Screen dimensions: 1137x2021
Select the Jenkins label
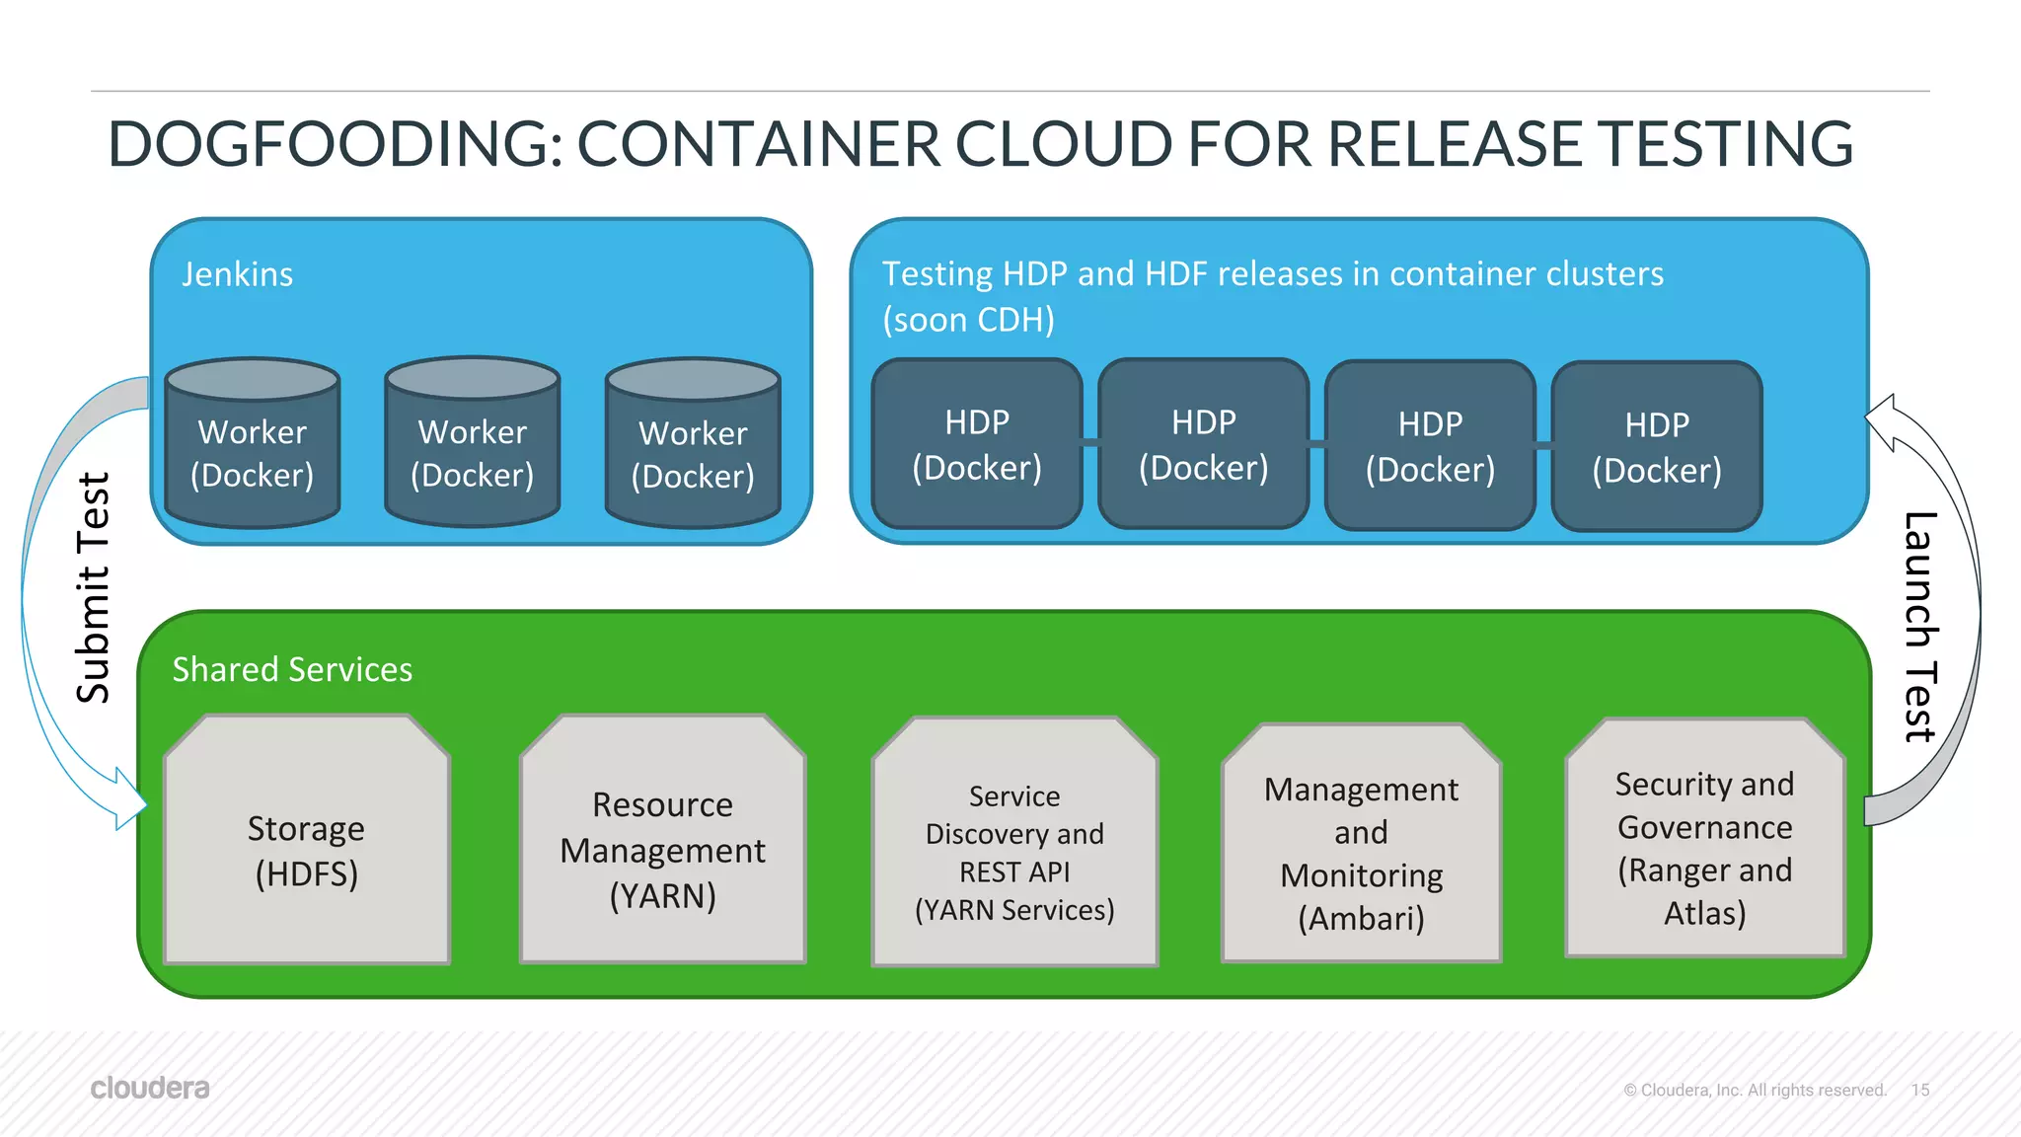pyautogui.click(x=237, y=274)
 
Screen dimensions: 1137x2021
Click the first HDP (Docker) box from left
pyautogui.click(x=977, y=445)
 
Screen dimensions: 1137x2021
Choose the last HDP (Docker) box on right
pyautogui.click(x=1657, y=447)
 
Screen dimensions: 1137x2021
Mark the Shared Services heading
pyautogui.click(x=292, y=670)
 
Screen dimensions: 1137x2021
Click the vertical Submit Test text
pyautogui.click(x=94, y=588)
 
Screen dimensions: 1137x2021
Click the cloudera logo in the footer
pyautogui.click(x=150, y=1088)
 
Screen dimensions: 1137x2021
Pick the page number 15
pyautogui.click(x=1919, y=1090)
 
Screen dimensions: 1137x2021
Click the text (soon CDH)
pyautogui.click(x=968, y=320)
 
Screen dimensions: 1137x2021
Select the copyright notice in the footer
pyautogui.click(x=1755, y=1090)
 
